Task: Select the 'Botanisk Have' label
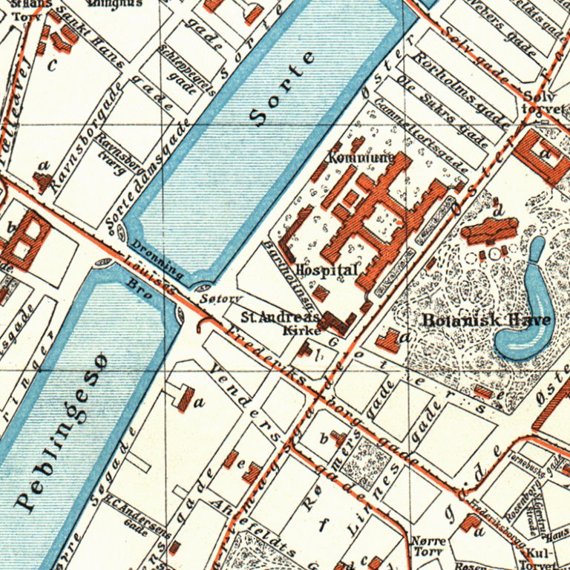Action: click(x=487, y=321)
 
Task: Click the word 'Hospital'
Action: click(x=327, y=270)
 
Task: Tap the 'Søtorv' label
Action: click(x=222, y=299)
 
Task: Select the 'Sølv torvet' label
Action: click(x=543, y=102)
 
